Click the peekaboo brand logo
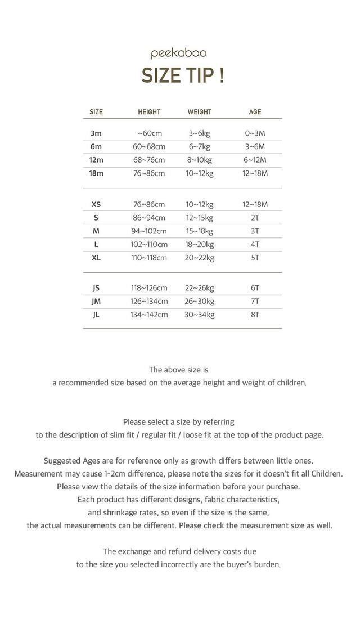coord(179,54)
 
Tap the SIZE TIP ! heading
coord(182,75)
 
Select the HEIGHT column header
coord(149,112)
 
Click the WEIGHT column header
coord(200,112)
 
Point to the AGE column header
coord(255,112)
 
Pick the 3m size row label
coord(96,133)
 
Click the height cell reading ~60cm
coord(150,133)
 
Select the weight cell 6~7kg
coord(200,146)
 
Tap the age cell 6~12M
coord(255,160)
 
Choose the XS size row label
coord(96,204)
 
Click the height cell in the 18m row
coord(149,173)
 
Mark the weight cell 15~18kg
coord(200,231)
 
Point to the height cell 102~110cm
coord(149,244)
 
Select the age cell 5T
coord(255,258)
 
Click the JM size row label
coord(96,301)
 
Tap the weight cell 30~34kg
coord(200,315)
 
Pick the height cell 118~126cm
coord(149,288)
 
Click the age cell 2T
coord(255,218)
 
